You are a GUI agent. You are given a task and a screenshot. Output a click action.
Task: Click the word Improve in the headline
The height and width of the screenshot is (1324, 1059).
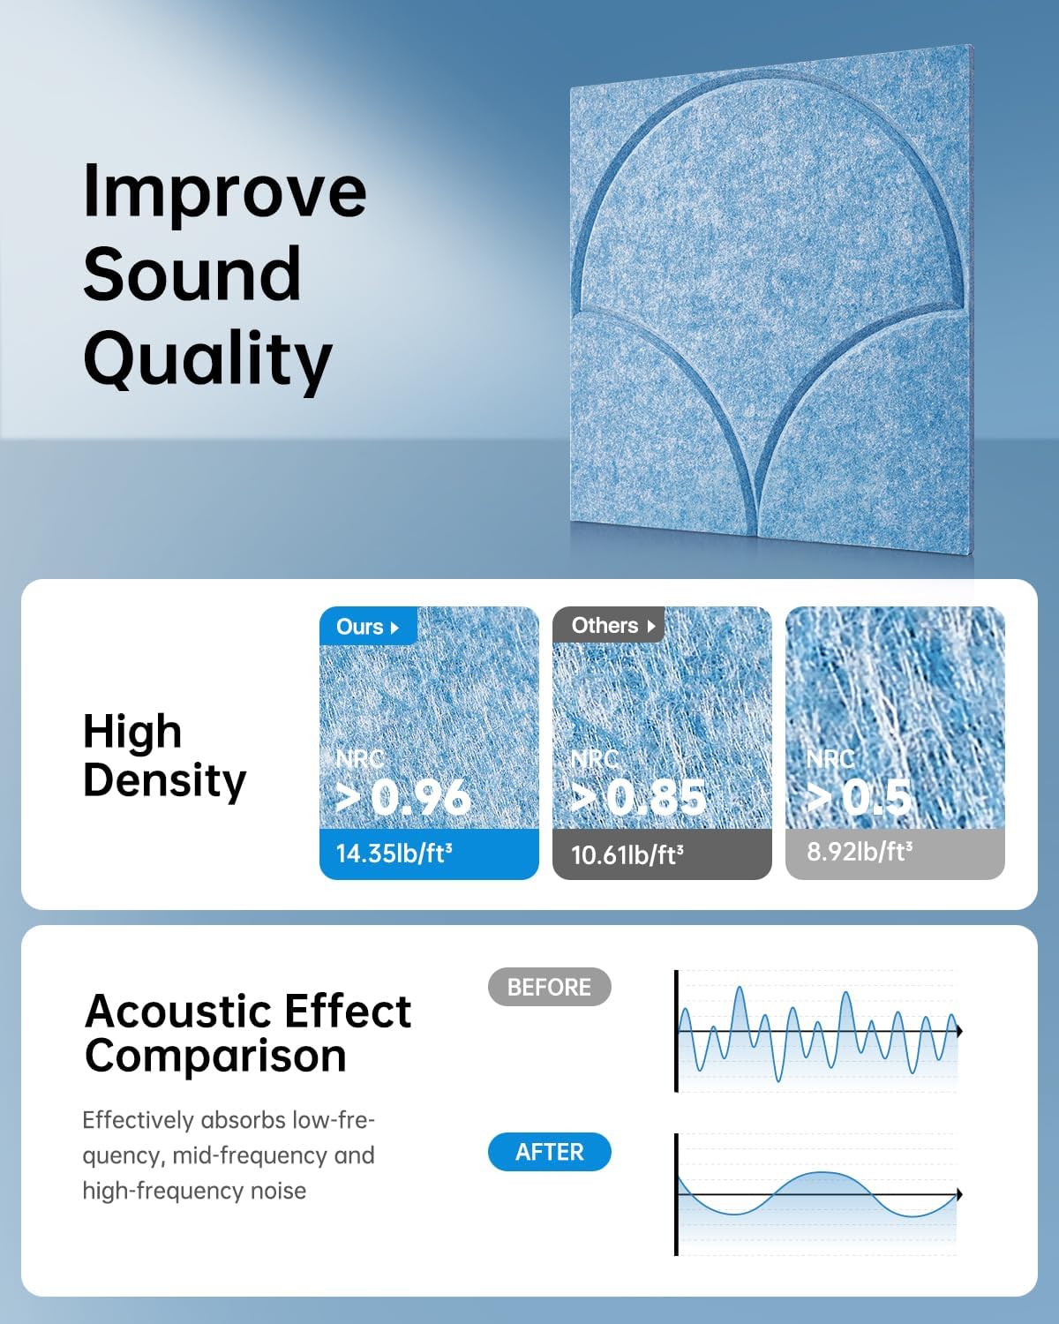pos(224,192)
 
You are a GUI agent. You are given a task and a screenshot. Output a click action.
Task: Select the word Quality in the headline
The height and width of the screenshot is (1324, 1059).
pos(207,359)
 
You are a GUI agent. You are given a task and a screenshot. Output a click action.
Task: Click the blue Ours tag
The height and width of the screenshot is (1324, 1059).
pos(367,627)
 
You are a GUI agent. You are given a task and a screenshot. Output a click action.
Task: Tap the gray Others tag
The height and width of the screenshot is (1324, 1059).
pos(609,626)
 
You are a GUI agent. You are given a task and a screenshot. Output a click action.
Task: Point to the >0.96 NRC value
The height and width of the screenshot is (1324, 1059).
pos(404,797)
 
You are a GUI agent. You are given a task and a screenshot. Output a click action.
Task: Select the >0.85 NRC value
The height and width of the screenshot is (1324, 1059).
pos(638,798)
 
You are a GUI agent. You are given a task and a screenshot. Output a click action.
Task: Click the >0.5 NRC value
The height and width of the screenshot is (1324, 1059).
pos(860,798)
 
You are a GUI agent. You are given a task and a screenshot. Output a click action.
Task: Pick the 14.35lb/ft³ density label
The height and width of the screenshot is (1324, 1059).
pos(394,854)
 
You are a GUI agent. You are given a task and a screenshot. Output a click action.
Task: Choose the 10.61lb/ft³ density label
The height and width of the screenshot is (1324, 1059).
pos(627,854)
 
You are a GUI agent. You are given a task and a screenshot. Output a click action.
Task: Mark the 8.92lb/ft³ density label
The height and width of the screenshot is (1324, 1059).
pos(860,852)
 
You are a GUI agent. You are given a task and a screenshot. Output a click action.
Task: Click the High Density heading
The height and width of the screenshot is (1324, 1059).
pos(164,756)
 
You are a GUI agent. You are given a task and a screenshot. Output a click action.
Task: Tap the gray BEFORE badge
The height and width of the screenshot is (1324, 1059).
pos(549,987)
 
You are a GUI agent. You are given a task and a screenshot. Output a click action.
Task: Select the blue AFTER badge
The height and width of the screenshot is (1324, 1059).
pos(549,1152)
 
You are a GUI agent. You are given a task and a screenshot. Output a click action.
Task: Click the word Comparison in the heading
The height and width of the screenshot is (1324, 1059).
pos(215,1056)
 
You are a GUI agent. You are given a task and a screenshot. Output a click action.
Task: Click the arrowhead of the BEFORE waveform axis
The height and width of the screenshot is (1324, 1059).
pos(958,1031)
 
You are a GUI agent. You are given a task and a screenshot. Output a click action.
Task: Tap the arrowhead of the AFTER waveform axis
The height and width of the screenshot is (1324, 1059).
pos(958,1194)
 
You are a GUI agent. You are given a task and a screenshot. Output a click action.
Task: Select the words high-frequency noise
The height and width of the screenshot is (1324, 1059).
pos(194,1191)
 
